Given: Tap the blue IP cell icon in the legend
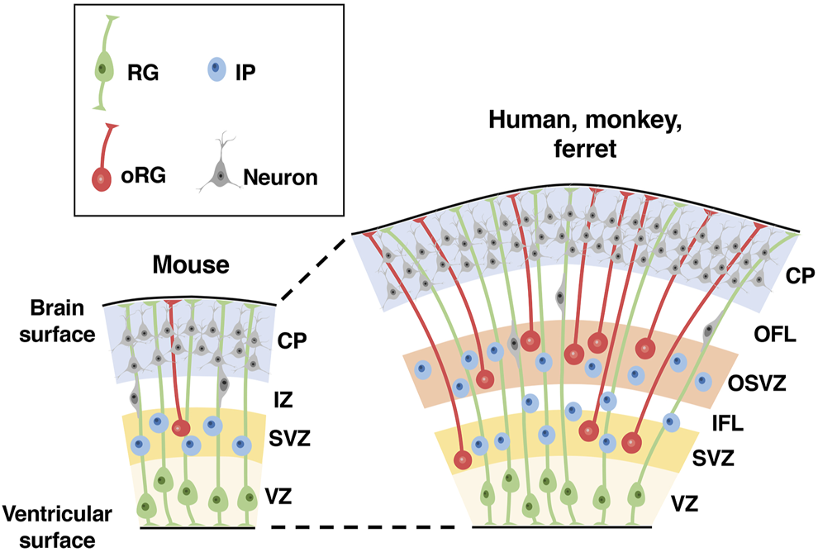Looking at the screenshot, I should pos(214,70).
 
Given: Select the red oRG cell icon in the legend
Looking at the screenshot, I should pos(101,177).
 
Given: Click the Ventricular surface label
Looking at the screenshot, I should pos(56,526).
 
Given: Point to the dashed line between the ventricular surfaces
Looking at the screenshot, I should pos(364,526).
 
